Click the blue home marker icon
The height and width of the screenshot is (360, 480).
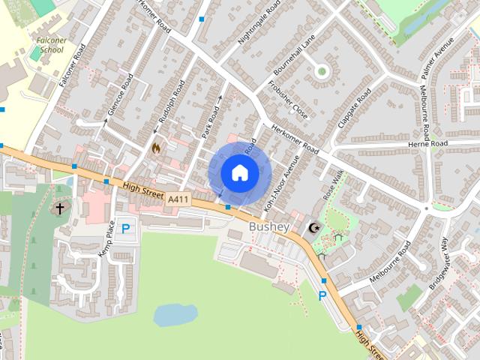(240, 173)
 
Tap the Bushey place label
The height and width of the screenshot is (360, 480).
(269, 226)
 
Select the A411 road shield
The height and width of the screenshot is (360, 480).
(177, 199)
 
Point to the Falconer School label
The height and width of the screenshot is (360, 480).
(50, 44)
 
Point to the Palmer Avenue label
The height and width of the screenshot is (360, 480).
(438, 58)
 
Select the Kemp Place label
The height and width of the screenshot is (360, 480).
(106, 239)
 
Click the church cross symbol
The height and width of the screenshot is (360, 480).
(59, 208)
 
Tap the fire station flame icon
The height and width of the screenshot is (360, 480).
(156, 148)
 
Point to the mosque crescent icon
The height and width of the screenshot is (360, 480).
(313, 227)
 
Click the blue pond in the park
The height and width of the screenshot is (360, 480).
(175, 314)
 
